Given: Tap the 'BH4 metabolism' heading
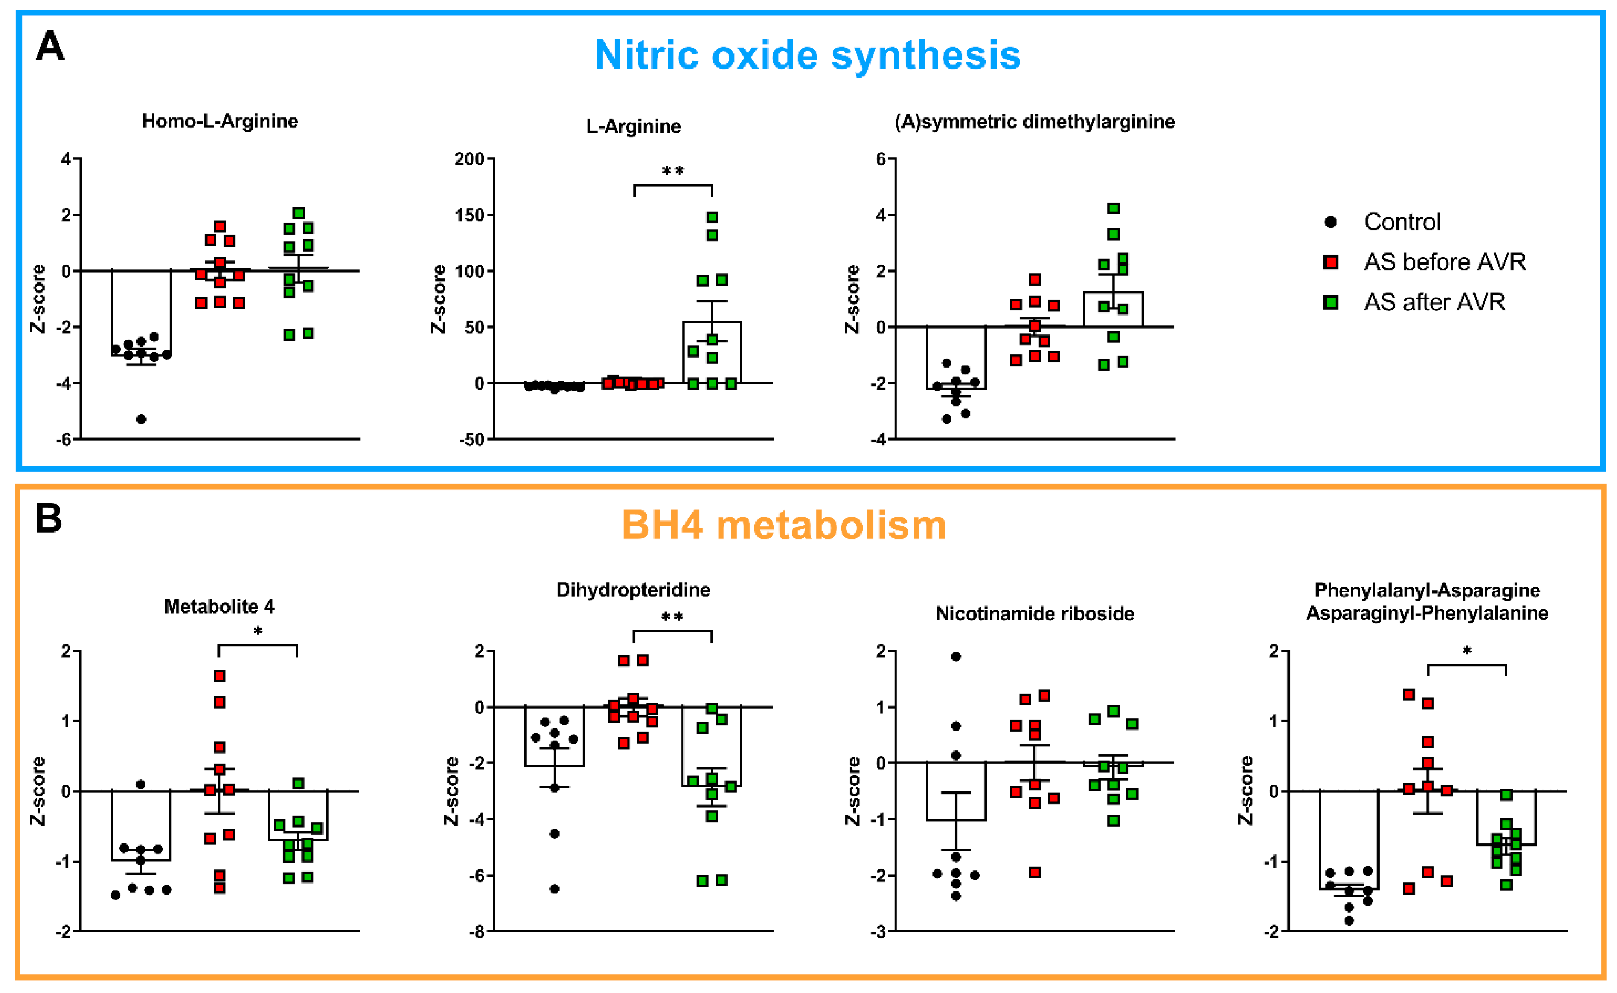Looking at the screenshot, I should tap(784, 525).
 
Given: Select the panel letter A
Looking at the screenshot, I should tap(50, 46).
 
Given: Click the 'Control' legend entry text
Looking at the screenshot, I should tap(1402, 222).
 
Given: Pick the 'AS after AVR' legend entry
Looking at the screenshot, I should tap(1434, 302).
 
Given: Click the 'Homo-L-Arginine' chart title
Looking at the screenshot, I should tap(220, 121).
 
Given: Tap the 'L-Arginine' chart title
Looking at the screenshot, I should tap(633, 126).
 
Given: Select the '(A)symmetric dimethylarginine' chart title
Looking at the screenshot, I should tap(1035, 121).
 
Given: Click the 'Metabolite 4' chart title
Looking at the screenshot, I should tap(219, 606).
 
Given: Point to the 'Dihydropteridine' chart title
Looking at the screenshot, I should tap(633, 590).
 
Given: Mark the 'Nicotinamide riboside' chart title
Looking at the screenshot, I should tap(1035, 614).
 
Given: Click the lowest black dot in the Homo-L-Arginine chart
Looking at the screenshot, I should tap(141, 419).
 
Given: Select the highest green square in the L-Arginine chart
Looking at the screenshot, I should tap(712, 217).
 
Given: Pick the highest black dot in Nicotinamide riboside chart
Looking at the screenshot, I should tap(956, 657).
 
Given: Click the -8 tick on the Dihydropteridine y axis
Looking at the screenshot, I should tap(476, 931).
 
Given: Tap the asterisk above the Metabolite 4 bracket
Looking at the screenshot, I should tap(258, 631).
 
